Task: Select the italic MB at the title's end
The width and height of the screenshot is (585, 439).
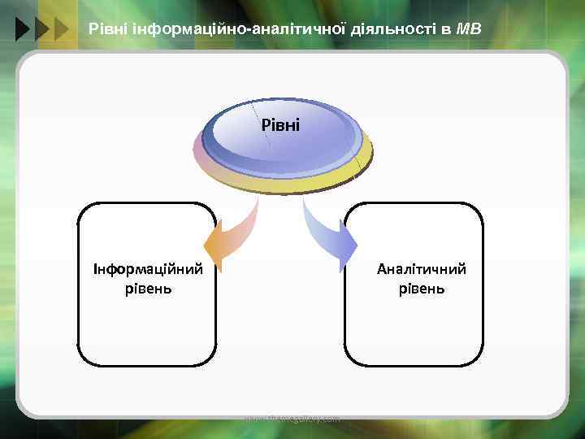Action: [x=469, y=30]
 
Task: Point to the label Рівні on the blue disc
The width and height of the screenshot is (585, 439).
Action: [x=280, y=125]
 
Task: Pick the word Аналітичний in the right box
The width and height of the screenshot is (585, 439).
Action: [x=422, y=269]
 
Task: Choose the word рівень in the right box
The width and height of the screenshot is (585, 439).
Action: [x=422, y=288]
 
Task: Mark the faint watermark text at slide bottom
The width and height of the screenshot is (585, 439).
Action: [x=292, y=419]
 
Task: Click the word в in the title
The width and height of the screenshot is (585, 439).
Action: [x=446, y=30]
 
